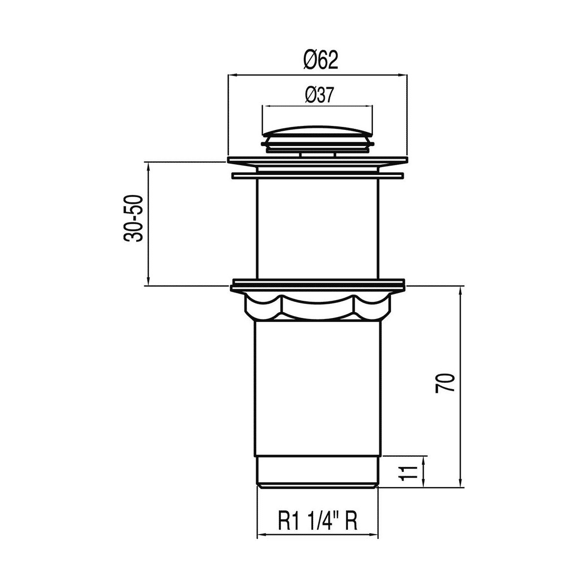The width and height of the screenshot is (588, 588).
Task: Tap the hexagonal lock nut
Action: pyautogui.click(x=318, y=306)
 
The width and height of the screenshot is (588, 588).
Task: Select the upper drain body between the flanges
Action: pyautogui.click(x=318, y=229)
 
